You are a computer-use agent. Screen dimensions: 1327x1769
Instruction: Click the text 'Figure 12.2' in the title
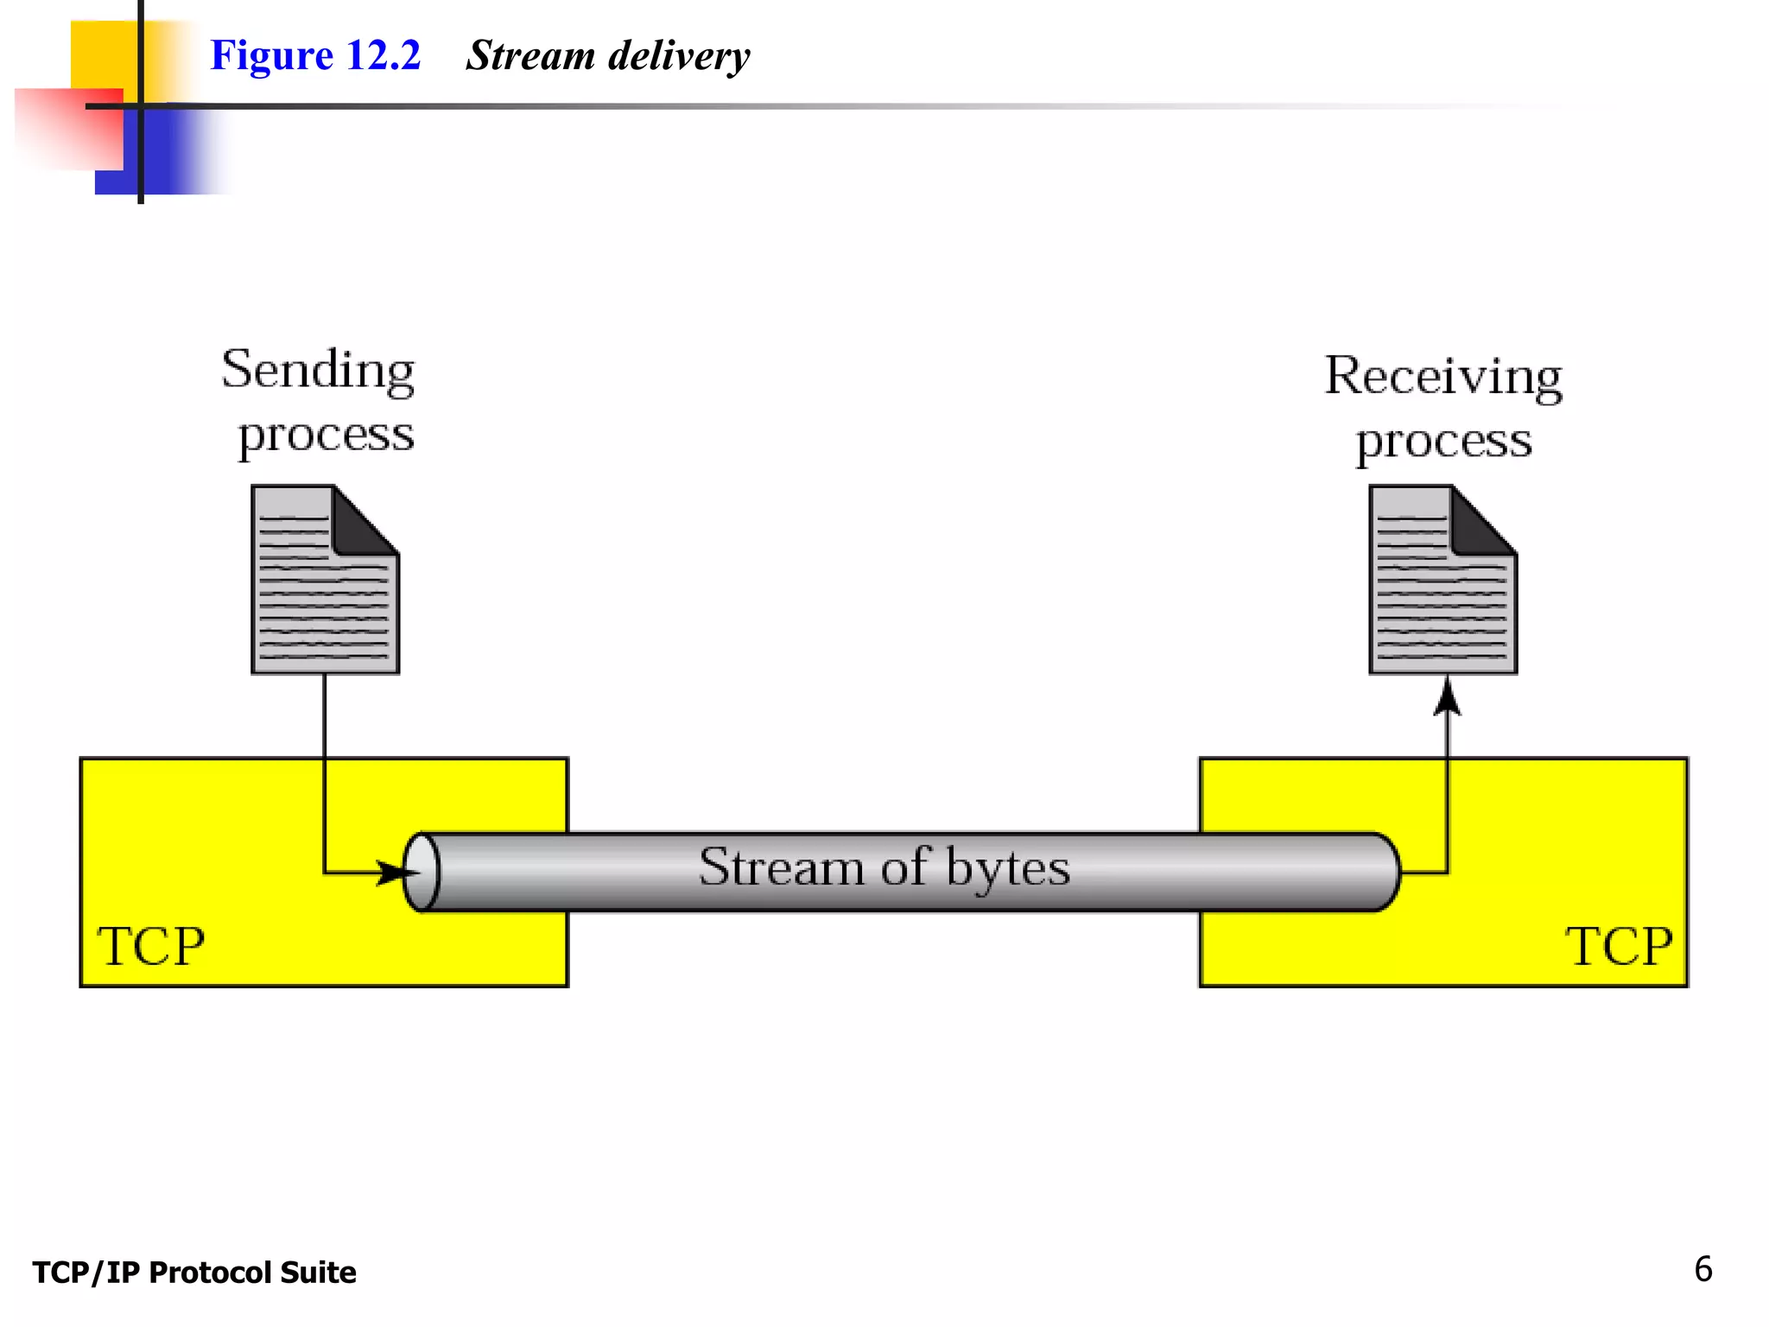[x=315, y=55]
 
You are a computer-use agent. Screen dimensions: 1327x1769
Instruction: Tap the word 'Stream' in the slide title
[x=530, y=55]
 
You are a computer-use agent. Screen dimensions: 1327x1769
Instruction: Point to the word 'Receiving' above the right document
[x=1443, y=377]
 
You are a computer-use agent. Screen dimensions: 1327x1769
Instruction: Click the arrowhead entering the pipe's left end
[x=393, y=873]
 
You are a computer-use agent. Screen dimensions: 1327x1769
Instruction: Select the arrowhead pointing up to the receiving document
[x=1448, y=696]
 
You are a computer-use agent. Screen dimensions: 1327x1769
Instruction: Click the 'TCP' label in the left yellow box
[x=151, y=946]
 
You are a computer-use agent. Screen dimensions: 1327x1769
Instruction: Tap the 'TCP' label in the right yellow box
[x=1618, y=946]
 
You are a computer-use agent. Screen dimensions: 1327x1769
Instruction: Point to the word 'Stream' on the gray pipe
[x=781, y=867]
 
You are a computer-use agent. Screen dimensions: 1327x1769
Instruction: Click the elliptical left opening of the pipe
[x=422, y=872]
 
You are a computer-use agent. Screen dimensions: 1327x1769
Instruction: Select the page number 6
[x=1702, y=1269]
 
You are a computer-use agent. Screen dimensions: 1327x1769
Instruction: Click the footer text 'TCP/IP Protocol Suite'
[x=194, y=1273]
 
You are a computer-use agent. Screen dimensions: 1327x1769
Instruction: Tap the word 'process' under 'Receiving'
[x=1443, y=442]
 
